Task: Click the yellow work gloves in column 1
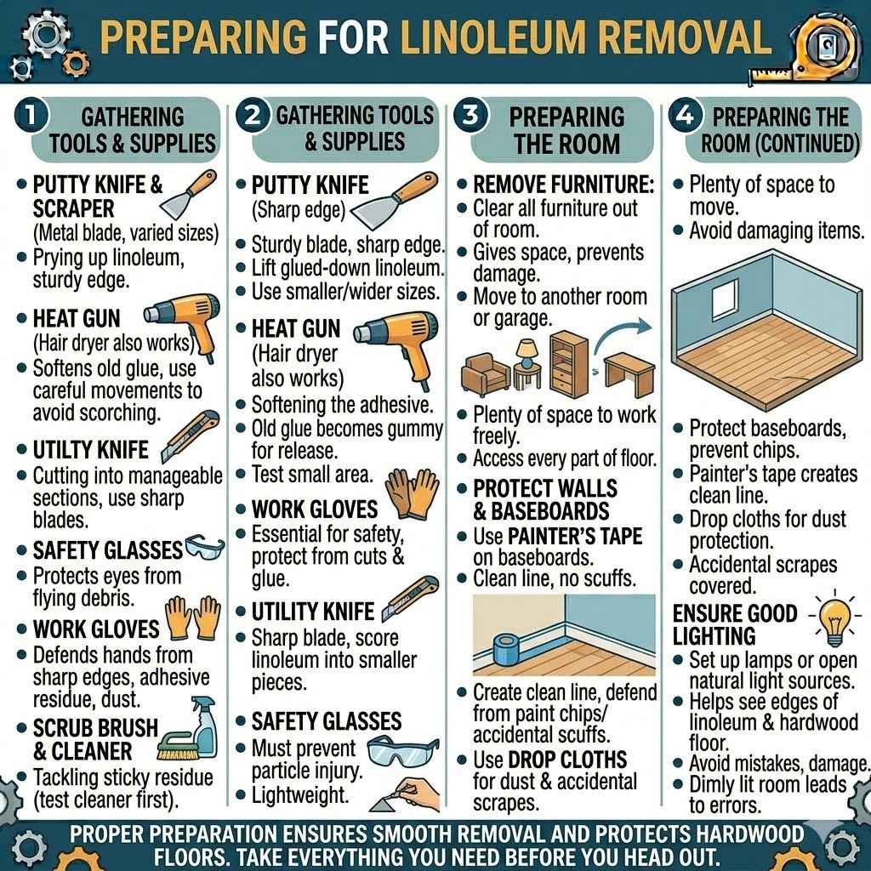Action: click(x=193, y=618)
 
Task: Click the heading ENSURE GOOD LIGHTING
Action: click(x=735, y=624)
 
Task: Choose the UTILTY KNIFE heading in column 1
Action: click(x=90, y=449)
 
